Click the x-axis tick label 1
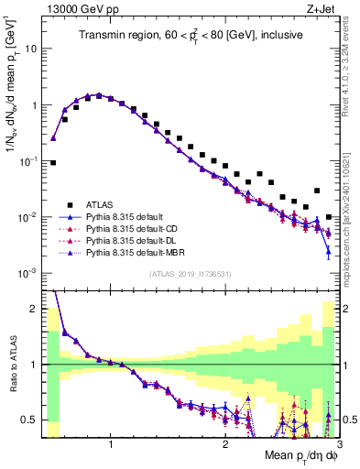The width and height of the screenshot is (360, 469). click(x=111, y=445)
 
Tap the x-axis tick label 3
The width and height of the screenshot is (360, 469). click(x=339, y=445)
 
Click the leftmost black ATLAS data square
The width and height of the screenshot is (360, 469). click(x=53, y=162)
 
